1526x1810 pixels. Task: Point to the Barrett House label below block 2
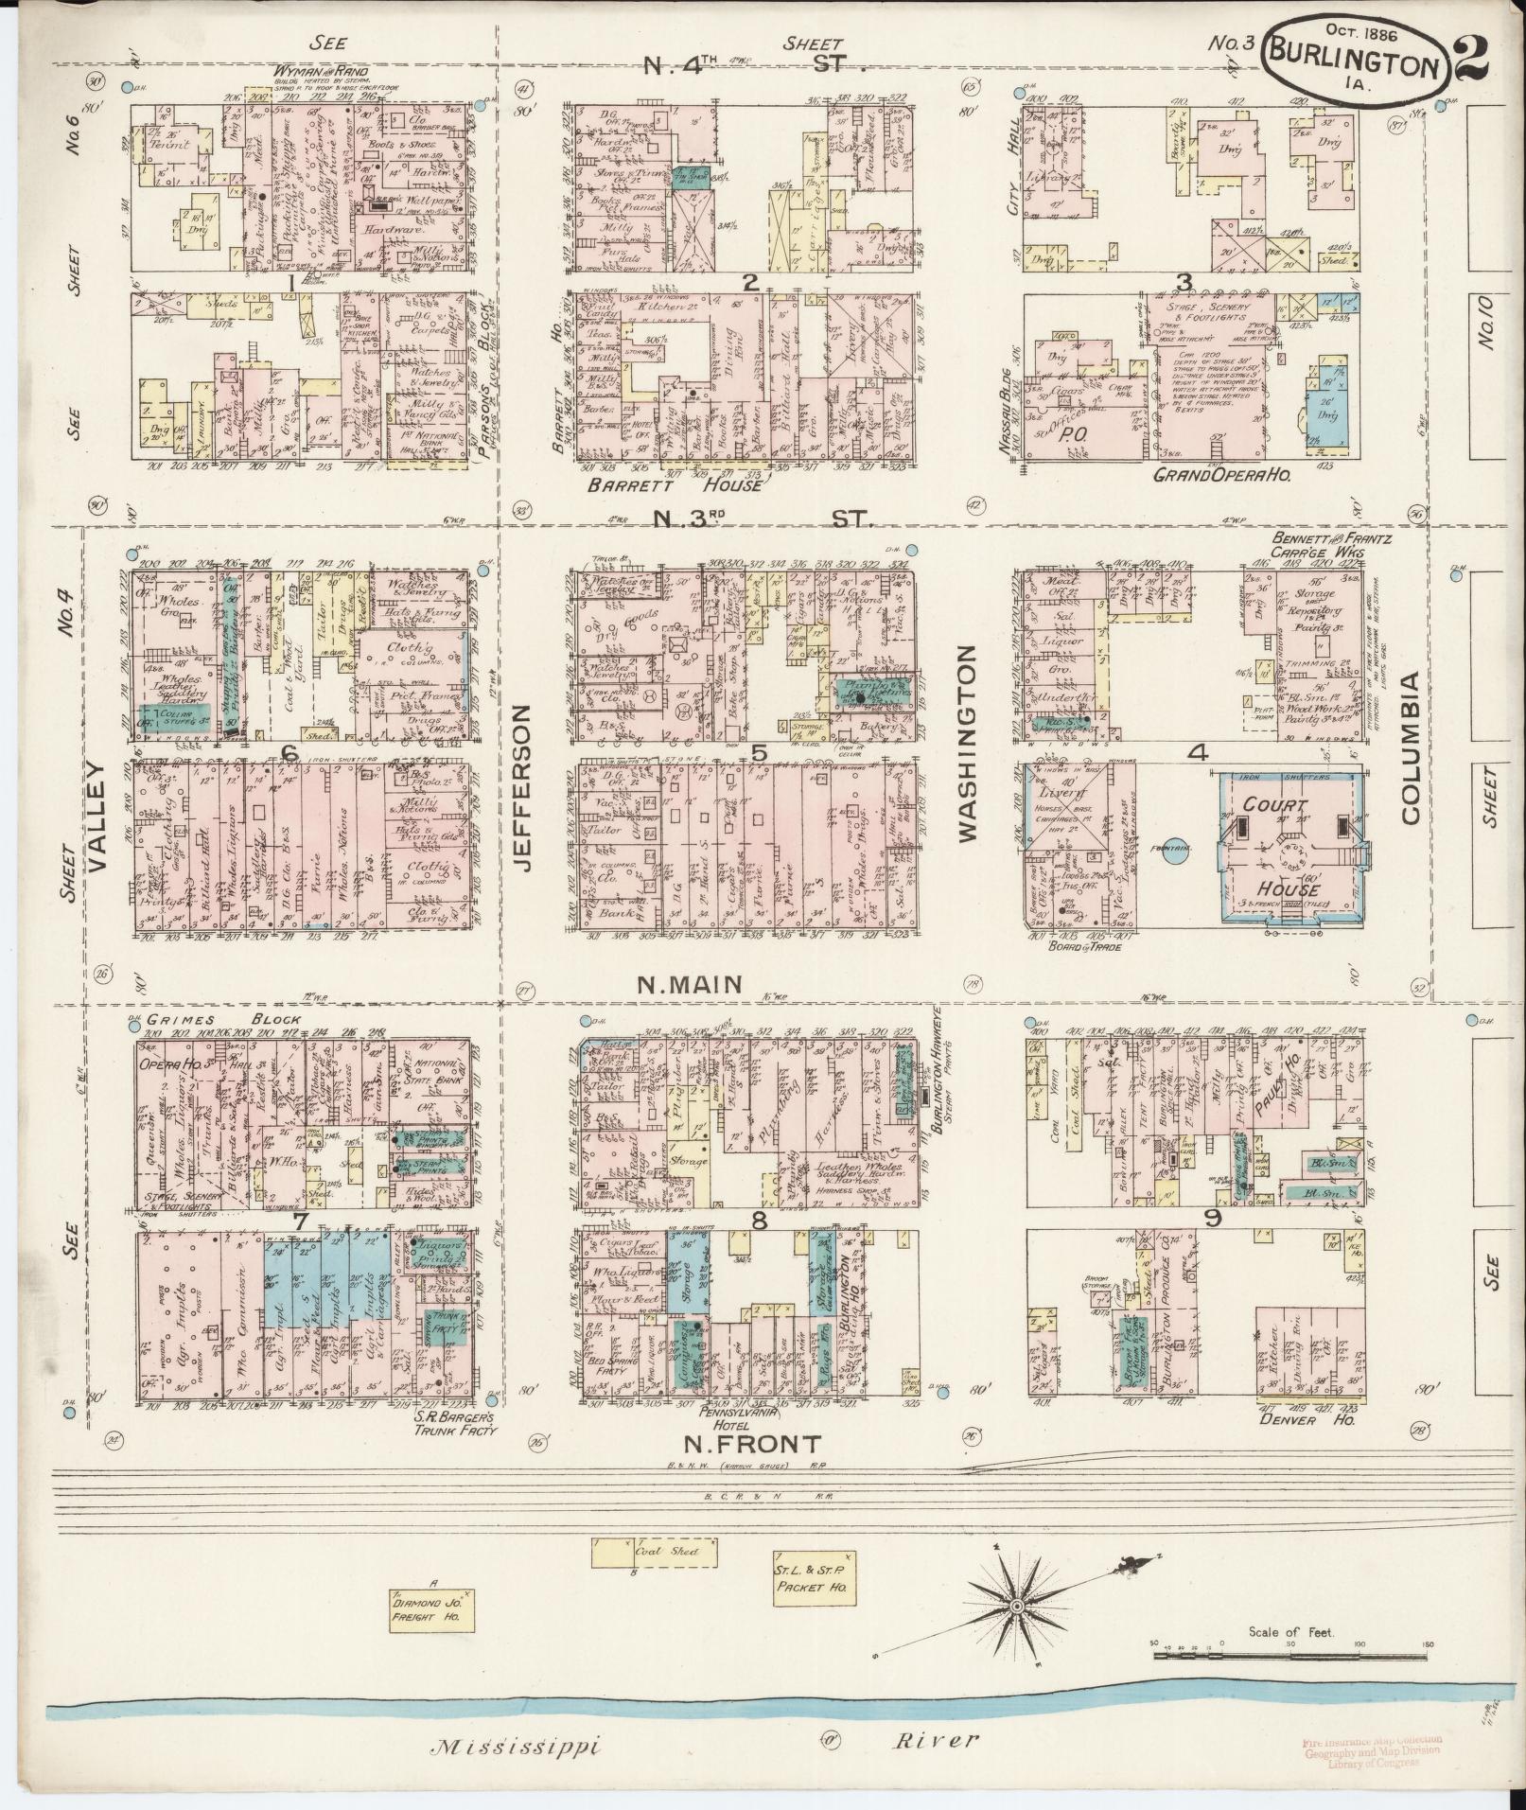pyautogui.click(x=675, y=485)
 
